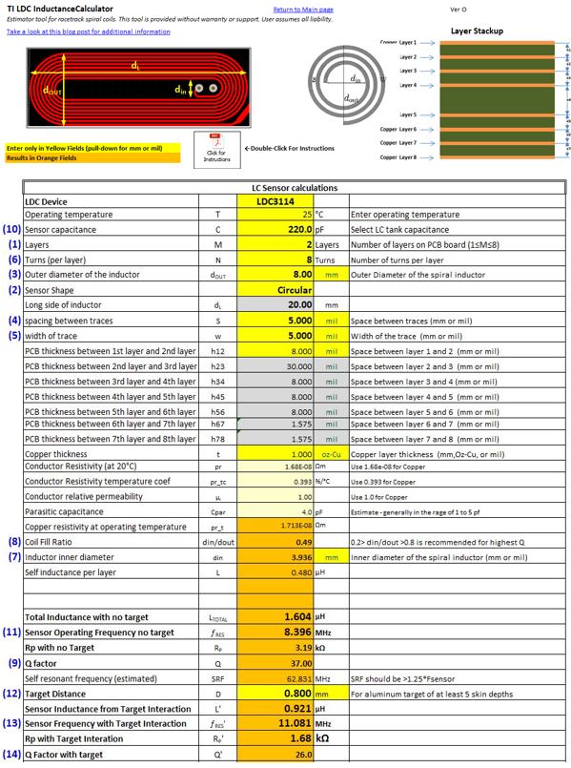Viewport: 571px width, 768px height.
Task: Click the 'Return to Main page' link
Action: click(x=303, y=10)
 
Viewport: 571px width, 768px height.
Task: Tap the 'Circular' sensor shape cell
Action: click(x=296, y=289)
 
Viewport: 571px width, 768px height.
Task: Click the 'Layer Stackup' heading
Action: click(x=477, y=31)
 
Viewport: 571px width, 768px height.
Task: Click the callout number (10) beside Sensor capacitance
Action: click(x=11, y=230)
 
